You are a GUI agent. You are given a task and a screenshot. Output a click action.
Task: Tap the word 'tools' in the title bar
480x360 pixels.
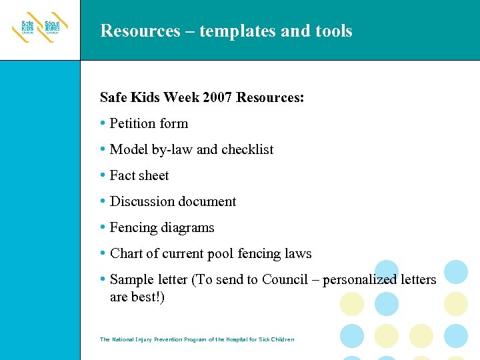[x=331, y=31]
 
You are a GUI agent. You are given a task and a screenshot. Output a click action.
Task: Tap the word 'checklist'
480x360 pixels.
[x=247, y=149]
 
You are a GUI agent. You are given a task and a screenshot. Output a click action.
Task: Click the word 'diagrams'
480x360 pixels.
[x=190, y=227]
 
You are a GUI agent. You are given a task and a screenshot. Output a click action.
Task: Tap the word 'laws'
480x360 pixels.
[x=297, y=253]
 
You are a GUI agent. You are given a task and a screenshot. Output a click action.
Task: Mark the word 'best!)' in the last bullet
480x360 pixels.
[x=146, y=297]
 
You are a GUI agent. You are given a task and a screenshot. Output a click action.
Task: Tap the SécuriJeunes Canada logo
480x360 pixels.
[x=53, y=28]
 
